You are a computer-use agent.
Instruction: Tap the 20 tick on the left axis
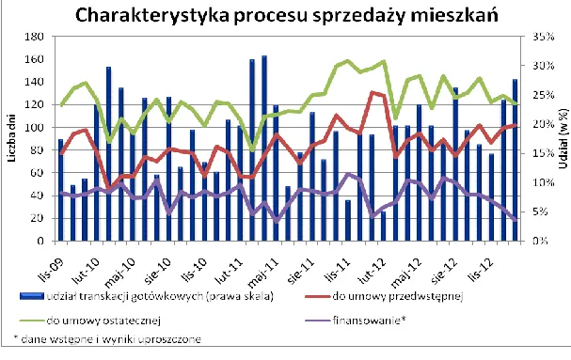pos(42,218)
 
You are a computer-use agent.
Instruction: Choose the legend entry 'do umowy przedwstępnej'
pos(420,298)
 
